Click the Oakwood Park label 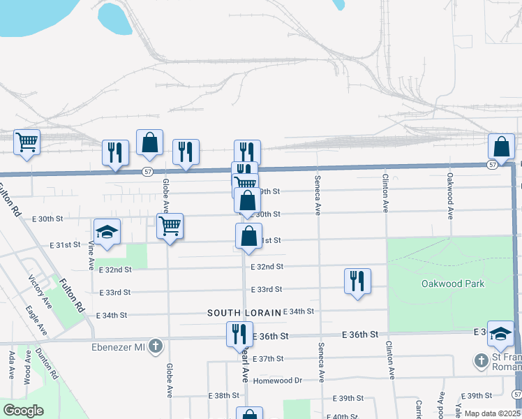pyautogui.click(x=453, y=284)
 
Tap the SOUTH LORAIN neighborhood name pyautogui.click(x=244, y=312)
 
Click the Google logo pyautogui.click(x=23, y=411)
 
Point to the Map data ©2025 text pyautogui.click(x=492, y=413)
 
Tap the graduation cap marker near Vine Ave pyautogui.click(x=107, y=233)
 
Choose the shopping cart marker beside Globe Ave pyautogui.click(x=170, y=227)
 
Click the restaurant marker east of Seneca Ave pyautogui.click(x=357, y=281)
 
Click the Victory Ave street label pyautogui.click(x=40, y=293)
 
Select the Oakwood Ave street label pyautogui.click(x=451, y=196)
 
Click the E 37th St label pyautogui.click(x=269, y=358)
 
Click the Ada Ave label pyautogui.click(x=12, y=365)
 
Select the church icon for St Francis pyautogui.click(x=480, y=360)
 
